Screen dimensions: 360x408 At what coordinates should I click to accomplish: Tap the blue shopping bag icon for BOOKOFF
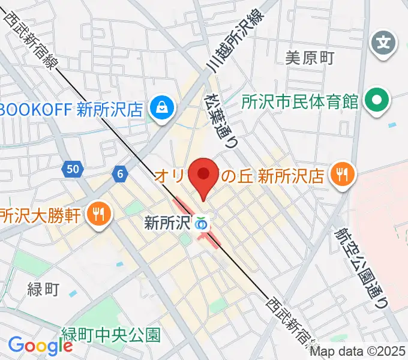(x=162, y=108)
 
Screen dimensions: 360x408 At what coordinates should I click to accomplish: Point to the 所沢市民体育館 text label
(x=300, y=101)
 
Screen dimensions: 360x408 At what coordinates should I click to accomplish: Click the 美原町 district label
(x=309, y=58)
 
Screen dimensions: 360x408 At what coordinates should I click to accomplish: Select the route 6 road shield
(x=121, y=174)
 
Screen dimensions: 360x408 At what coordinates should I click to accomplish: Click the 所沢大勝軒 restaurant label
(x=41, y=214)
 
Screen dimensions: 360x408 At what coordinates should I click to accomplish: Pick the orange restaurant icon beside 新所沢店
(x=343, y=175)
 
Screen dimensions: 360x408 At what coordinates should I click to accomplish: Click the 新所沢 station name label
(x=167, y=223)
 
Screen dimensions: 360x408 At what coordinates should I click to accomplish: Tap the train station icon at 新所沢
(x=202, y=224)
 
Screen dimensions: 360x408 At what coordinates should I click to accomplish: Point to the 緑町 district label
(x=43, y=290)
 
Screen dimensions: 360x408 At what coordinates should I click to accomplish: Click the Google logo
(x=40, y=345)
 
